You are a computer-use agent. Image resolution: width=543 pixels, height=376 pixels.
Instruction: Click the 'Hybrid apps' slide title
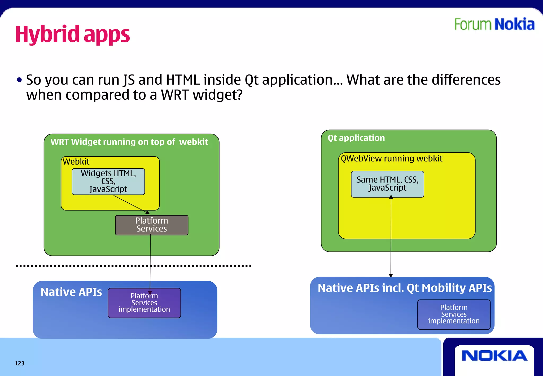(x=72, y=34)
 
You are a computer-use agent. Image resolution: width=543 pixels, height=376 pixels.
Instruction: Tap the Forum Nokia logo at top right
(x=494, y=24)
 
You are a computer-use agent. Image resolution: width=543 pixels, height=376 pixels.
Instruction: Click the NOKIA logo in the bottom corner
(x=494, y=356)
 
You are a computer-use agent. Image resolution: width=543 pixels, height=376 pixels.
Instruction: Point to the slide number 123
(x=20, y=363)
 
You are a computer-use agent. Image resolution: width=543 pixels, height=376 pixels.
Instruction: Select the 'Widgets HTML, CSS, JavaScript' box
(x=108, y=181)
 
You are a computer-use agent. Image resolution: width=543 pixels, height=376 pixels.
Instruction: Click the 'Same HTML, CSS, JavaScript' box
(x=387, y=184)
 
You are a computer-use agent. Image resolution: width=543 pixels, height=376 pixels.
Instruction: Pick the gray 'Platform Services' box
(x=152, y=225)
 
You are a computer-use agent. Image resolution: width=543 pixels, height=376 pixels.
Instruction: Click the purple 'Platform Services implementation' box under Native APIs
(x=144, y=303)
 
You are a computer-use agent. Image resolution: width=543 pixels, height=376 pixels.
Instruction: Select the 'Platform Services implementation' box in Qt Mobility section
(x=454, y=314)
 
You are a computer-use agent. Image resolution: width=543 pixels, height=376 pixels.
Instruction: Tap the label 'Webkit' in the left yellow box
(x=76, y=161)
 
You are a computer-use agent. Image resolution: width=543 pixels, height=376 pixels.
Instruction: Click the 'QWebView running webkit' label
(x=392, y=159)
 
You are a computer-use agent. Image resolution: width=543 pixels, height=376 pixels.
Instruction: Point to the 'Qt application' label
(x=356, y=138)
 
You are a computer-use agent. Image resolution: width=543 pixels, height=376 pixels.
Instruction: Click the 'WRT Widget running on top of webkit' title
(x=129, y=142)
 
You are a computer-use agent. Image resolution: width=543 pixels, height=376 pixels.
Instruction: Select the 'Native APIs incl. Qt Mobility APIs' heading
(x=405, y=288)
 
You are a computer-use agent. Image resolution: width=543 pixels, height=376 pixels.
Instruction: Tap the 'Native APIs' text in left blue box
(x=71, y=292)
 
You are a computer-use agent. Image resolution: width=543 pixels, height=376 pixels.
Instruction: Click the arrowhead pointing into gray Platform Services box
(x=147, y=212)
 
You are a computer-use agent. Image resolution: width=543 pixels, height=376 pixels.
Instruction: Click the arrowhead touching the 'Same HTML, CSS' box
(x=391, y=197)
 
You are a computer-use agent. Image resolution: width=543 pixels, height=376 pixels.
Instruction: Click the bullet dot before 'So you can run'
(x=19, y=80)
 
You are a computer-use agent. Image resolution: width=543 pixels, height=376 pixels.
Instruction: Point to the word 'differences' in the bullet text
(x=466, y=80)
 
